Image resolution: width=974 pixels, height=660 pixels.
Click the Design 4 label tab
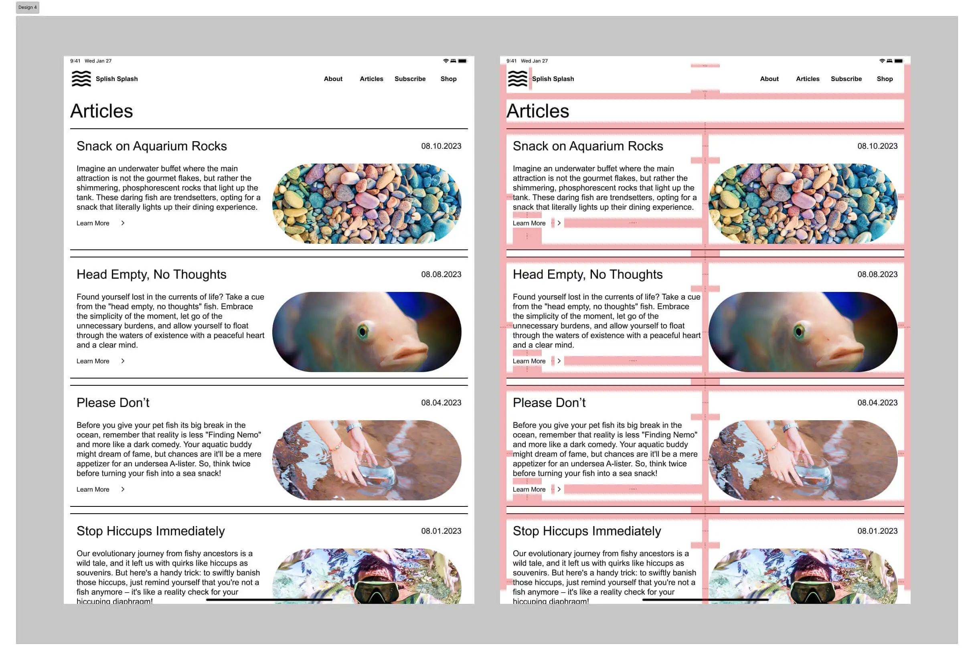pos(28,7)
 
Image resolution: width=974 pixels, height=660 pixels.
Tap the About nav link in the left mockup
pos(333,79)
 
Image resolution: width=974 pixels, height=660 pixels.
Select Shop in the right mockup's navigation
pos(884,79)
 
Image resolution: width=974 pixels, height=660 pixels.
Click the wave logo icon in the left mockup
pos(81,78)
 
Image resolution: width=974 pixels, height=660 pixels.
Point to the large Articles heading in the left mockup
pos(101,111)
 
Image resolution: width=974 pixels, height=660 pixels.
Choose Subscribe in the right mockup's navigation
pos(846,79)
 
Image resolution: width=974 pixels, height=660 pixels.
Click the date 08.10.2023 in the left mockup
pos(441,146)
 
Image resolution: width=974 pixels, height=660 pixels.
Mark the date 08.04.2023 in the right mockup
pos(877,402)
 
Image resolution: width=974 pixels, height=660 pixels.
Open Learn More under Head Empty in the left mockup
pos(93,361)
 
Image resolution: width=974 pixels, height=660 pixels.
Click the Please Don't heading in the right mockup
pos(549,402)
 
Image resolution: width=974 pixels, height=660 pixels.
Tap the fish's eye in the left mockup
pos(362,332)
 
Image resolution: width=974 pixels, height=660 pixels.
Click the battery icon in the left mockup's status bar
pos(462,61)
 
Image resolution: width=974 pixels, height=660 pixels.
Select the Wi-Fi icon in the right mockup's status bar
pos(882,61)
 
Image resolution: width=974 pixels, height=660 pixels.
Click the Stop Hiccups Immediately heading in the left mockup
pos(150,530)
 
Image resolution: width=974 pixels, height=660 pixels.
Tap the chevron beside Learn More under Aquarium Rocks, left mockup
pos(123,223)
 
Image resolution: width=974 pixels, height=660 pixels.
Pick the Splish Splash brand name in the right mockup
pos(553,79)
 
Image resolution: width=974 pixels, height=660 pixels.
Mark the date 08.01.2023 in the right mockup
pos(877,530)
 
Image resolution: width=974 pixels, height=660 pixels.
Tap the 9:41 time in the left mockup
pos(75,61)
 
